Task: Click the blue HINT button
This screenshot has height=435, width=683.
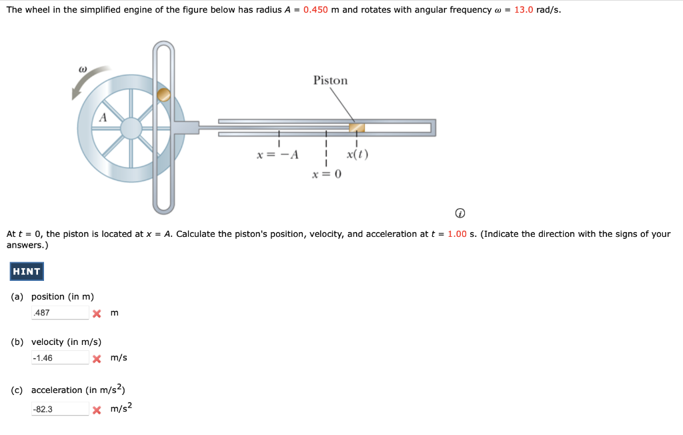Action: tap(27, 272)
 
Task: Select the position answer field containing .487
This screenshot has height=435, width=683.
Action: tap(59, 313)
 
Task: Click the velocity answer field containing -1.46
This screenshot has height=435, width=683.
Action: tap(59, 358)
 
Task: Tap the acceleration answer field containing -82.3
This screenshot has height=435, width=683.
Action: tap(59, 409)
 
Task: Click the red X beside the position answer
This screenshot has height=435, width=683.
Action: tap(97, 314)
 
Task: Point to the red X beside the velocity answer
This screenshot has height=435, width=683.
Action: tap(97, 359)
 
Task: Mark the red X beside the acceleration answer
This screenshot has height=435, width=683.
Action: tap(97, 410)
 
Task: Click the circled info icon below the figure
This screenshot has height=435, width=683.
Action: tap(460, 213)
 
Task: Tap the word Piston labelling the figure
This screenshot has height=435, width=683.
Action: tap(330, 81)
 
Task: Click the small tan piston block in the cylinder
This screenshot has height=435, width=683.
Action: tap(358, 127)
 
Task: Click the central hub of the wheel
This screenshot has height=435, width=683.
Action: tap(131, 128)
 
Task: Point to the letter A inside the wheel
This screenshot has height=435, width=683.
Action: tap(103, 117)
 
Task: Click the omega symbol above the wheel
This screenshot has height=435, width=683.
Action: tap(83, 68)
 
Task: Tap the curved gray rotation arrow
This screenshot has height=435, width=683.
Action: tap(87, 81)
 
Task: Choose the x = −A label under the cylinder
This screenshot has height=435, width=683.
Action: tap(277, 155)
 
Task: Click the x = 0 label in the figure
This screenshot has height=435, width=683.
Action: tap(327, 175)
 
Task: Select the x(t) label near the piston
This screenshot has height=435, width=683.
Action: tap(358, 155)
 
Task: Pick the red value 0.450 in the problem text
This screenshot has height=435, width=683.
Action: tap(315, 10)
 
